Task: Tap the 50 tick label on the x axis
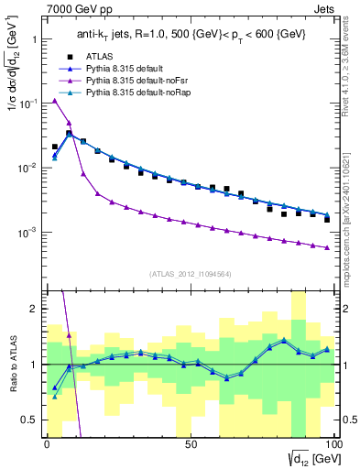(191, 443)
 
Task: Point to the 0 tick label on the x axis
(47, 443)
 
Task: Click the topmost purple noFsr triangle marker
(55, 101)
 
